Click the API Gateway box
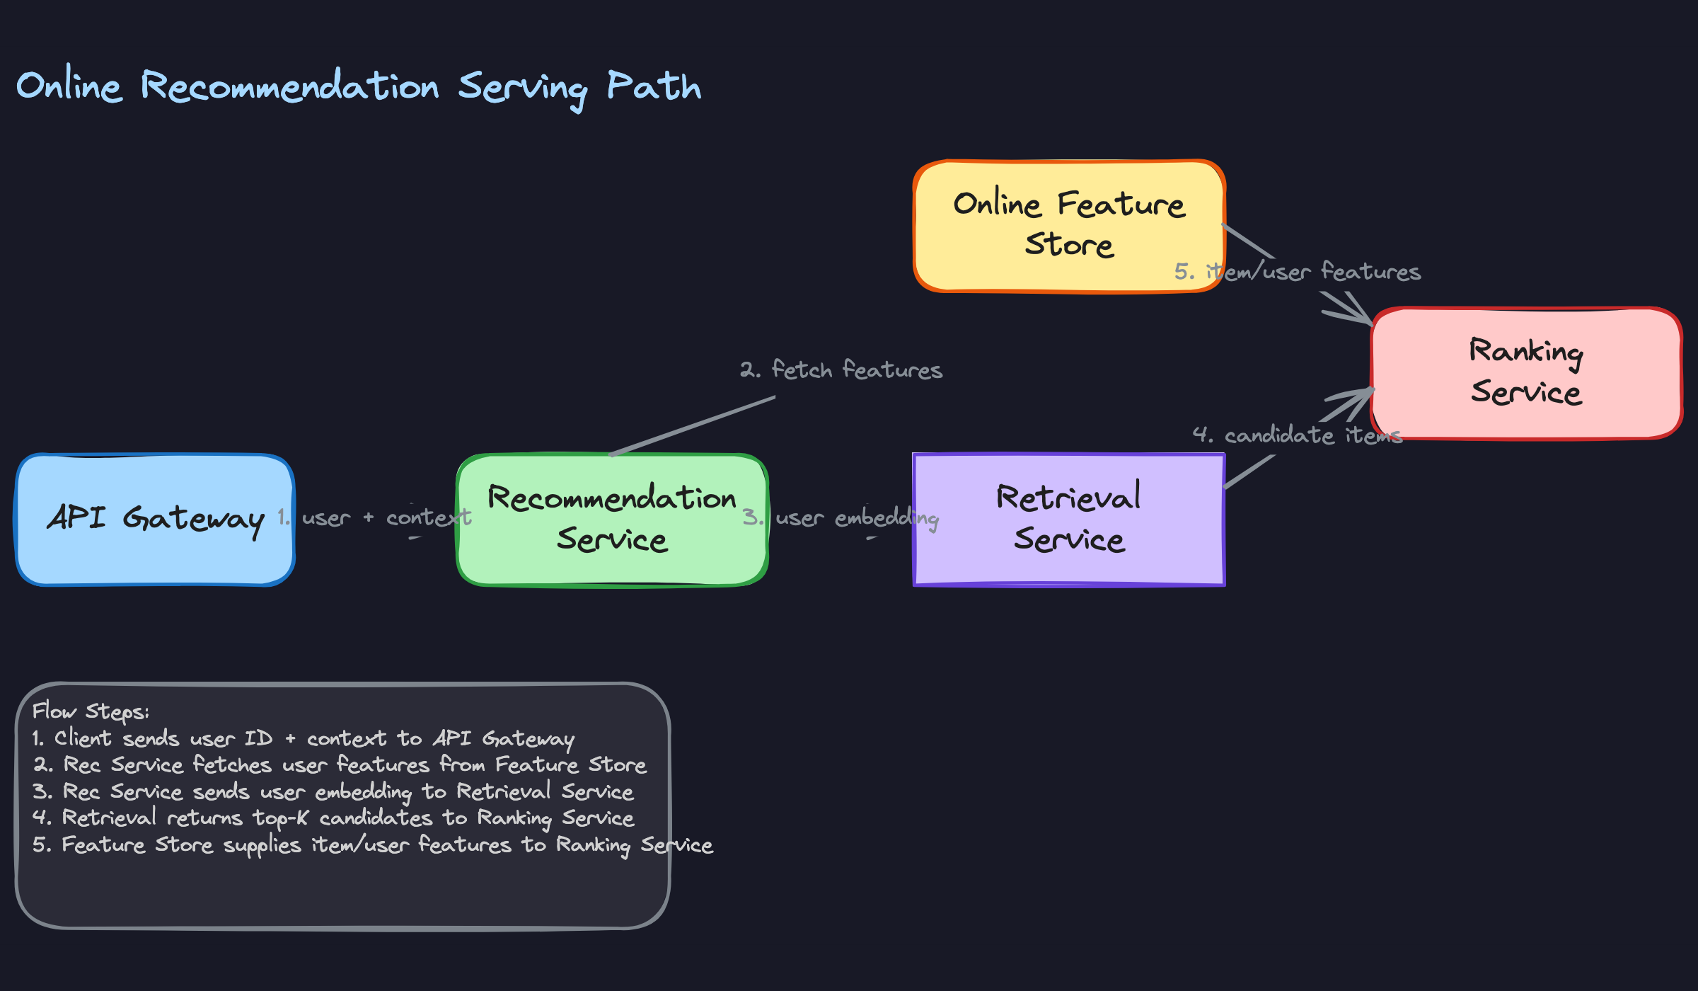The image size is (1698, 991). pos(155,520)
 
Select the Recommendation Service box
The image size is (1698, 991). pos(612,520)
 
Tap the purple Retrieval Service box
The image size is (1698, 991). pos(1068,520)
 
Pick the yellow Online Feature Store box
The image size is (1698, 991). pos(1068,225)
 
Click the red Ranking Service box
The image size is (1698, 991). pos(1526,373)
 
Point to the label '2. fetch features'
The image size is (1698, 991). pos(841,370)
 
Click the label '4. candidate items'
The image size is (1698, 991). pos(1296,435)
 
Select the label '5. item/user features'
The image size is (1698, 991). pos(1297,272)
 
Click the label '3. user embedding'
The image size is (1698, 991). pos(840,518)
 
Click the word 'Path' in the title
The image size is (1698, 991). pos(654,86)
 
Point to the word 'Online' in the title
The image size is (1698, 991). pos(69,86)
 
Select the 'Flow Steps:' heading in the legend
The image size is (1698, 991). pos(91,711)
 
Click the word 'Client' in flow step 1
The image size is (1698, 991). pos(83,738)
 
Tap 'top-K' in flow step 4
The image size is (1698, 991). pos(281,818)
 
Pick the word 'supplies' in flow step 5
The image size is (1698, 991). pos(262,845)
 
